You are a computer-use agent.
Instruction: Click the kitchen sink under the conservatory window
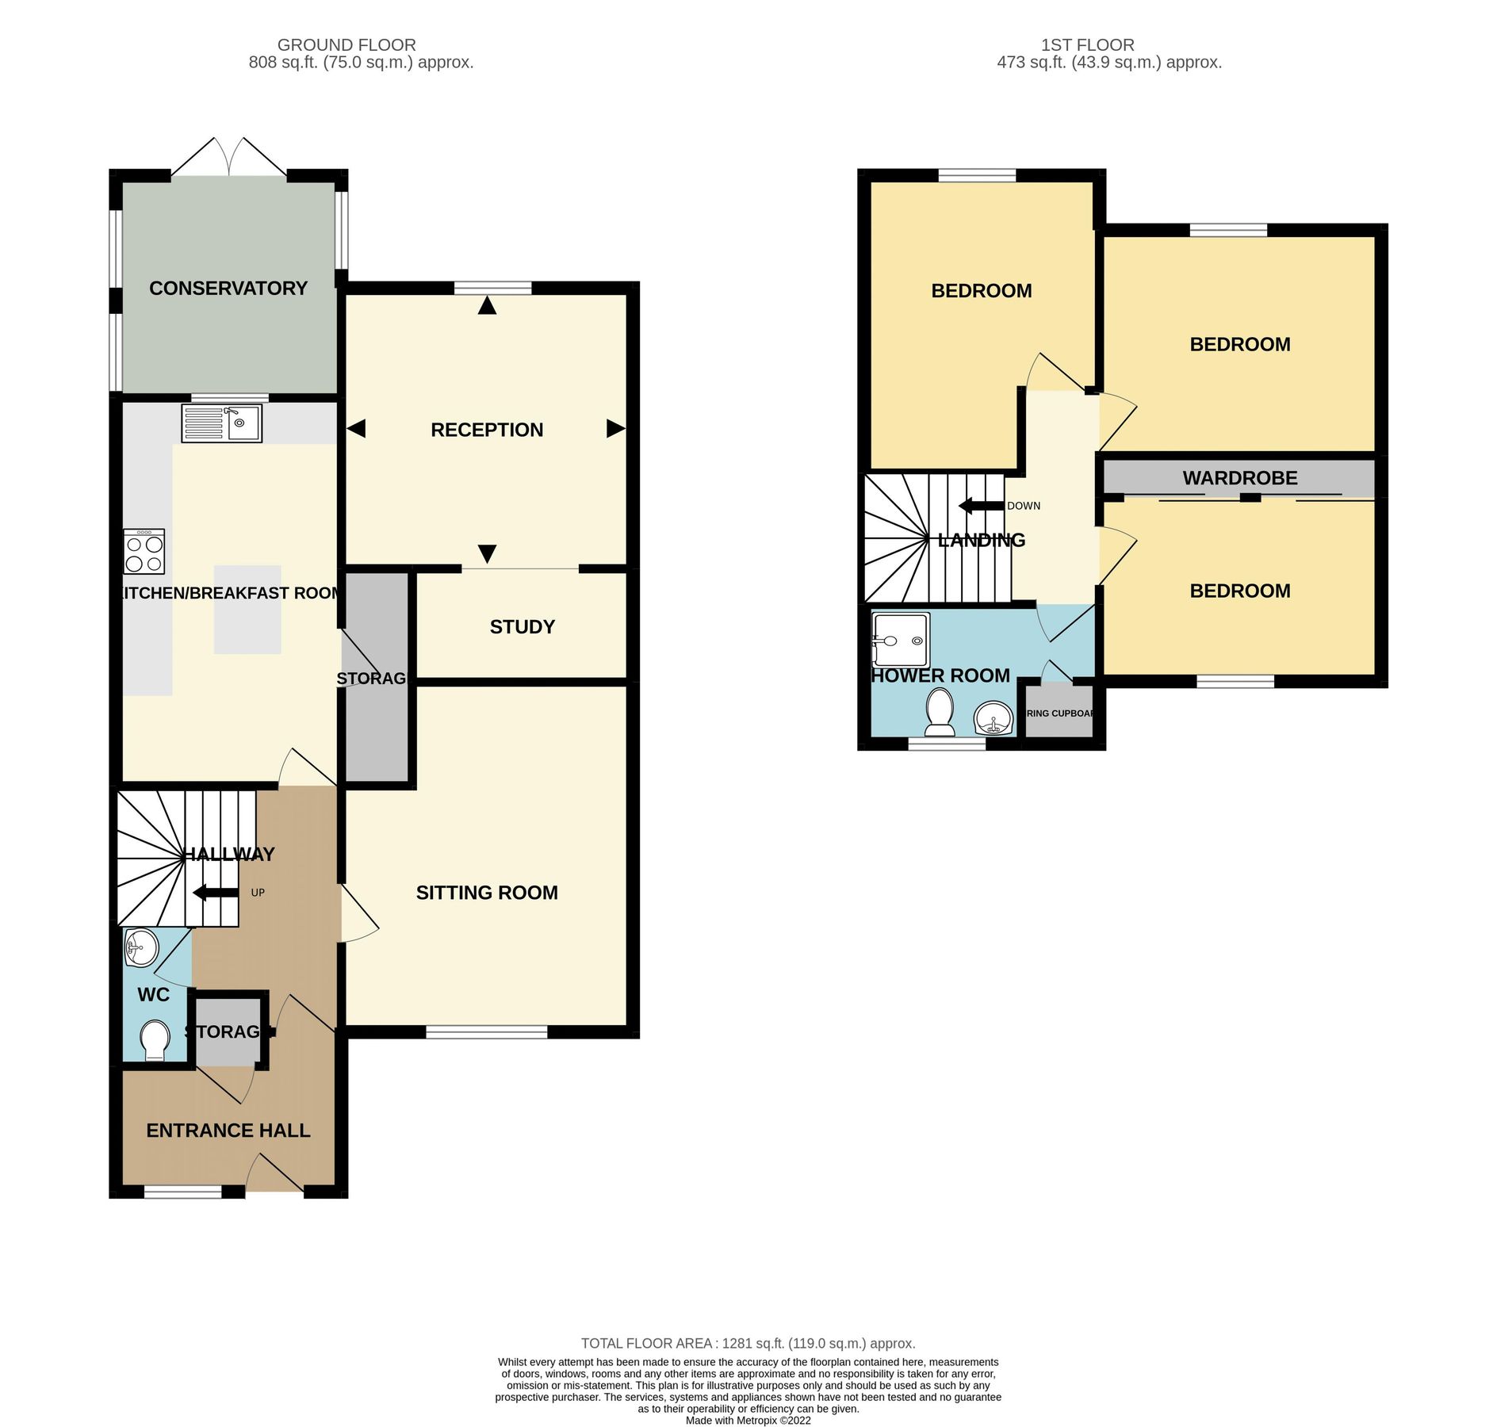tap(221, 423)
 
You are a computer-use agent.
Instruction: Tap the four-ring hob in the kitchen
tap(144, 552)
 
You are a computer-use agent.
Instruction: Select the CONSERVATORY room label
tap(228, 289)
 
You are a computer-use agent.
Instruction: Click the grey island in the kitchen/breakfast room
tap(247, 610)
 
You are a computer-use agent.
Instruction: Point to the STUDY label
tap(522, 627)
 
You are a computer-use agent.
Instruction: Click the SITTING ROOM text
tap(487, 893)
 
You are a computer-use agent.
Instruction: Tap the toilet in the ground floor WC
tap(154, 1039)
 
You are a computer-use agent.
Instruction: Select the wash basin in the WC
tap(141, 947)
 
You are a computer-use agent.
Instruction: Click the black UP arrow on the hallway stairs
tap(215, 893)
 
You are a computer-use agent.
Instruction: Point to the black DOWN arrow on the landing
tap(981, 506)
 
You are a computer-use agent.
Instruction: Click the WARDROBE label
tap(1240, 478)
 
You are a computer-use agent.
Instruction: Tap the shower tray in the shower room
tap(900, 640)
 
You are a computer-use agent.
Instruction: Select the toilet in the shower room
tap(940, 710)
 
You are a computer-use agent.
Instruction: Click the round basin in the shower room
tap(993, 719)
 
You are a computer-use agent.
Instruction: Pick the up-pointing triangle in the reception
tap(487, 305)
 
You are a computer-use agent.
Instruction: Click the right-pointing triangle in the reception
tap(615, 429)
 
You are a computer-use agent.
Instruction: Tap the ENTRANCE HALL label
tap(228, 1131)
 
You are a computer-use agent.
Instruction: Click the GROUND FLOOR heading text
tap(346, 45)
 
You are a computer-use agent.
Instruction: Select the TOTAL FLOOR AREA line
tap(748, 1343)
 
